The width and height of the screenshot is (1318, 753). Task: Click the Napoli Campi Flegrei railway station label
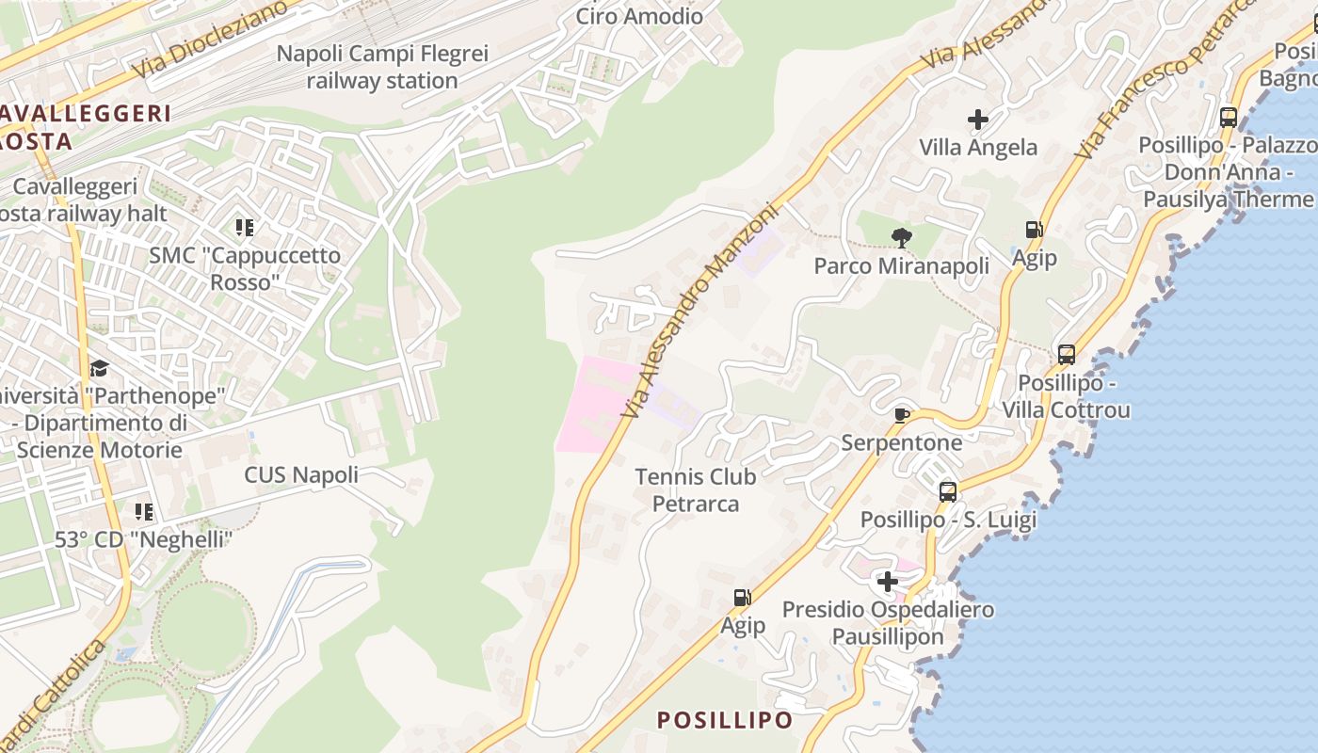point(382,67)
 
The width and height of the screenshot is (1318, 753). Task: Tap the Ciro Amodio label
point(639,16)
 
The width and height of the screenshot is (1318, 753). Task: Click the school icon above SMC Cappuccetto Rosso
point(245,227)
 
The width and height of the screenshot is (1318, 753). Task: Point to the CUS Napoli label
point(301,474)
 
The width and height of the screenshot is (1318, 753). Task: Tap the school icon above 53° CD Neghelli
point(143,512)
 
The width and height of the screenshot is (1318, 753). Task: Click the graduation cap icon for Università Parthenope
point(99,367)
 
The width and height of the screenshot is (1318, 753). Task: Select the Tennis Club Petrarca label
point(696,489)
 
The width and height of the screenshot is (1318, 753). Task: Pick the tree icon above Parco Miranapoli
point(901,237)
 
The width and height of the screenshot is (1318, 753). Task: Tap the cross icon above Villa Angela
point(978,120)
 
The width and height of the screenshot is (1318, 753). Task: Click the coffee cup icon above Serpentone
point(901,415)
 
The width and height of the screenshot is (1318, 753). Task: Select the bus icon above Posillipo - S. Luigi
point(948,491)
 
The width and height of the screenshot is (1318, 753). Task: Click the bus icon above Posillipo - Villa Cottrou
point(1066,355)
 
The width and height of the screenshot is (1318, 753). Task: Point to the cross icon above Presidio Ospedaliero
point(887,582)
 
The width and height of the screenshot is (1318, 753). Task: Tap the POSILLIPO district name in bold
point(725,720)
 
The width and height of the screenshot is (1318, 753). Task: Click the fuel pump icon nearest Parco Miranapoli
point(1034,230)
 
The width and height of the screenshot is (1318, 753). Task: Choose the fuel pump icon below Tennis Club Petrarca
point(742,597)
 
